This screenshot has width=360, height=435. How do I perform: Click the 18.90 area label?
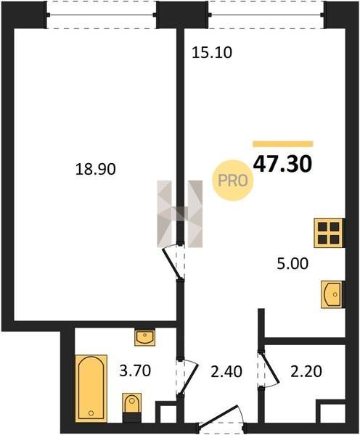coord(95,169)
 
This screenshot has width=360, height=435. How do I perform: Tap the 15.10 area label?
coord(212,53)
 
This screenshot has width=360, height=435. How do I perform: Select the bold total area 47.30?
coord(283,164)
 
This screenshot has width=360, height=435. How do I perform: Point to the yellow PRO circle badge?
coord(233,181)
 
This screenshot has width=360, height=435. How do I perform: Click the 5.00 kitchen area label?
coord(292,264)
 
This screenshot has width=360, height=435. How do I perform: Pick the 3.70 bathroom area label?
coord(135,371)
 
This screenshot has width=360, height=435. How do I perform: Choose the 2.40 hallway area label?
coord(226,372)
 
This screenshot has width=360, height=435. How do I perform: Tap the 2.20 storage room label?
coord(306,372)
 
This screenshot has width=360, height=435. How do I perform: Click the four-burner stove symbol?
coord(328,233)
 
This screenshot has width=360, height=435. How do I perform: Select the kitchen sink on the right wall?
coord(332,294)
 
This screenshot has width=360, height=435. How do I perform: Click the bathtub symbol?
coord(91,388)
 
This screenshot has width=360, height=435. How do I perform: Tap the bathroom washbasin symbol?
coord(144,337)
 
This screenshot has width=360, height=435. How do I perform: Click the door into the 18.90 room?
coord(173,262)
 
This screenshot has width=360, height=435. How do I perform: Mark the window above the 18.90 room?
coord(102,14)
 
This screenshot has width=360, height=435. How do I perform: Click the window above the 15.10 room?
coord(266,14)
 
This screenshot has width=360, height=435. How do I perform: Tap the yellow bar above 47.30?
coord(283,144)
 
